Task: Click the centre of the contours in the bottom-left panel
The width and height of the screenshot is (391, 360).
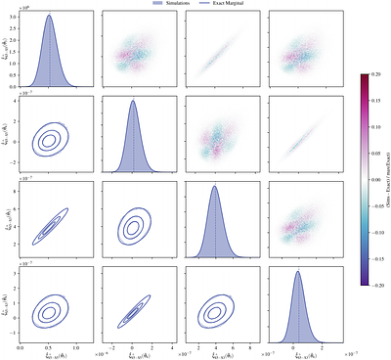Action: pyautogui.click(x=49, y=311)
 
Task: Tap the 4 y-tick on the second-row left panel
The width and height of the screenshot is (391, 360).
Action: pyautogui.click(x=15, y=100)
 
